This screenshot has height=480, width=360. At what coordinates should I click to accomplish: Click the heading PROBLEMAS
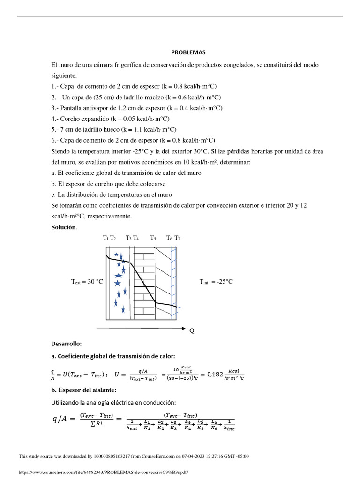click(187, 52)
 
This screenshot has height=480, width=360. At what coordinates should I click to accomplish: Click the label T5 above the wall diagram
click(153, 238)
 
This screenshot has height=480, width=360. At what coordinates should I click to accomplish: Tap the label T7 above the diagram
click(177, 238)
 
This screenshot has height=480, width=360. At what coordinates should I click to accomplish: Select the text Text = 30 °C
click(87, 282)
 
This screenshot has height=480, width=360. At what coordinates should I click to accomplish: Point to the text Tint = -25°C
click(216, 282)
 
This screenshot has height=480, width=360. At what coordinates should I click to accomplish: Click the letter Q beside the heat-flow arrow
click(191, 331)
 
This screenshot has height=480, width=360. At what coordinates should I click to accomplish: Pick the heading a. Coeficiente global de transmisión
click(112, 356)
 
